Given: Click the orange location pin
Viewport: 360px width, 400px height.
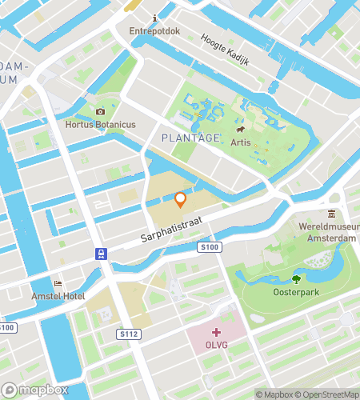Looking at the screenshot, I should coord(181,199).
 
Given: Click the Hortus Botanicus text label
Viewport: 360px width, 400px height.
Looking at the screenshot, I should coord(100,126).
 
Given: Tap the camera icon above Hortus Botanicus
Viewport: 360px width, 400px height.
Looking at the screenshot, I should coord(100,112).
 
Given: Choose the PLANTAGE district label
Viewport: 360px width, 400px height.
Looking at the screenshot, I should coord(190,138).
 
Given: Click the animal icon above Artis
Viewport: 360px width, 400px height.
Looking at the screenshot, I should coord(239,128).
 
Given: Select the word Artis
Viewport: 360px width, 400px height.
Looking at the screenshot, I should coord(240,142).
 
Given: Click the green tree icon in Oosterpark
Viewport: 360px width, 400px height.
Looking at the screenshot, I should coord(296,279).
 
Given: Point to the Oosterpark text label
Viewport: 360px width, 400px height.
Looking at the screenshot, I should coord(296,293).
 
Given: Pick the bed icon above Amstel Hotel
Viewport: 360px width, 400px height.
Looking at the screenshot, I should coord(57,283).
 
